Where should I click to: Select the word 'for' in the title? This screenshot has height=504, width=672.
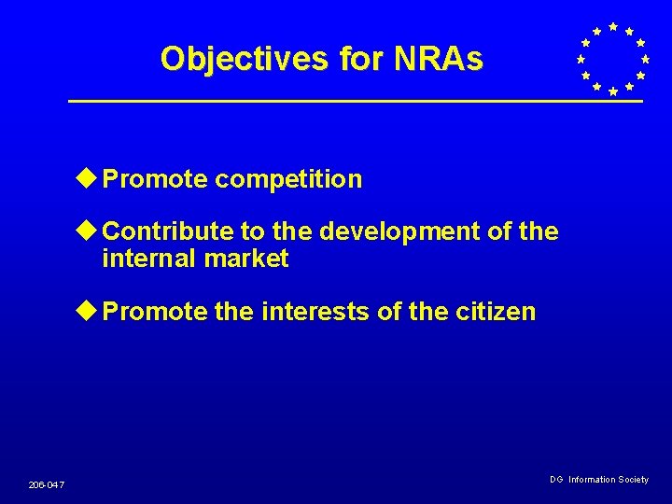click(x=362, y=59)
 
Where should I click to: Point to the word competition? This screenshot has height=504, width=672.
click(x=288, y=179)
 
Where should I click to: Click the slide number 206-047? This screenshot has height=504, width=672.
click(x=46, y=484)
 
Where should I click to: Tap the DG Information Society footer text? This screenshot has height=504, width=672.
click(x=598, y=480)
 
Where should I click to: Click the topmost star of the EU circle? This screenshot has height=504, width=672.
click(x=612, y=26)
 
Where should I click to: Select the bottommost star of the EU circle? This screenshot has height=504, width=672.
click(x=612, y=91)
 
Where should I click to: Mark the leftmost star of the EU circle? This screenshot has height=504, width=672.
click(x=580, y=59)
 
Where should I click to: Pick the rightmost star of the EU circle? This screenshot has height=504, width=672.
click(x=645, y=59)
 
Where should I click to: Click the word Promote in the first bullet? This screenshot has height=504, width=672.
click(x=155, y=179)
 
